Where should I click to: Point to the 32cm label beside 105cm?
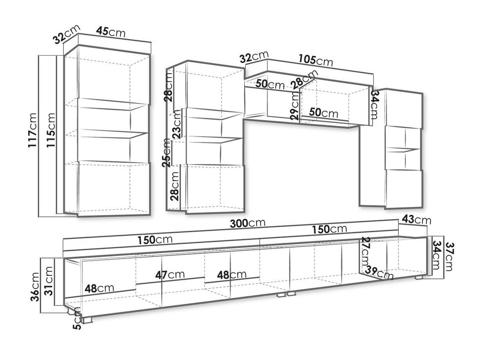(253, 58)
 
